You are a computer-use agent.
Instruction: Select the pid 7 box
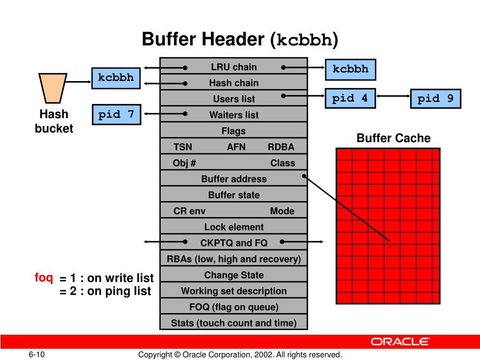tap(116, 114)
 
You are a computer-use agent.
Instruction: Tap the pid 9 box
tap(435, 99)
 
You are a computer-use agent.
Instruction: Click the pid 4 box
tap(350, 98)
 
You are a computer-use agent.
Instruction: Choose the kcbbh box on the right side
tap(351, 69)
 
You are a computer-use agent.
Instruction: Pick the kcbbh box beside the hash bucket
tap(116, 77)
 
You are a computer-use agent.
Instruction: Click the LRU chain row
tap(233, 67)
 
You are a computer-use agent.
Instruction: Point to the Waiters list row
tap(233, 115)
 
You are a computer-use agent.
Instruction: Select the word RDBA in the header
tap(281, 147)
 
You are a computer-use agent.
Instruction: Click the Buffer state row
tap(233, 195)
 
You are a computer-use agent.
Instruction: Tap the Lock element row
tap(233, 227)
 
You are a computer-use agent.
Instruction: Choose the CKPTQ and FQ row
tap(233, 243)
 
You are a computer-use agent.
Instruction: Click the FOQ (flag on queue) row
tap(233, 307)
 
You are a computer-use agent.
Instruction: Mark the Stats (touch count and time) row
tap(233, 323)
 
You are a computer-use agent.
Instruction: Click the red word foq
tap(44, 277)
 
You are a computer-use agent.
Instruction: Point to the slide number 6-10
tap(36, 354)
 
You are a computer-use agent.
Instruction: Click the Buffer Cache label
tap(393, 138)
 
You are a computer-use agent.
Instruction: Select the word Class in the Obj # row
tap(283, 163)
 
